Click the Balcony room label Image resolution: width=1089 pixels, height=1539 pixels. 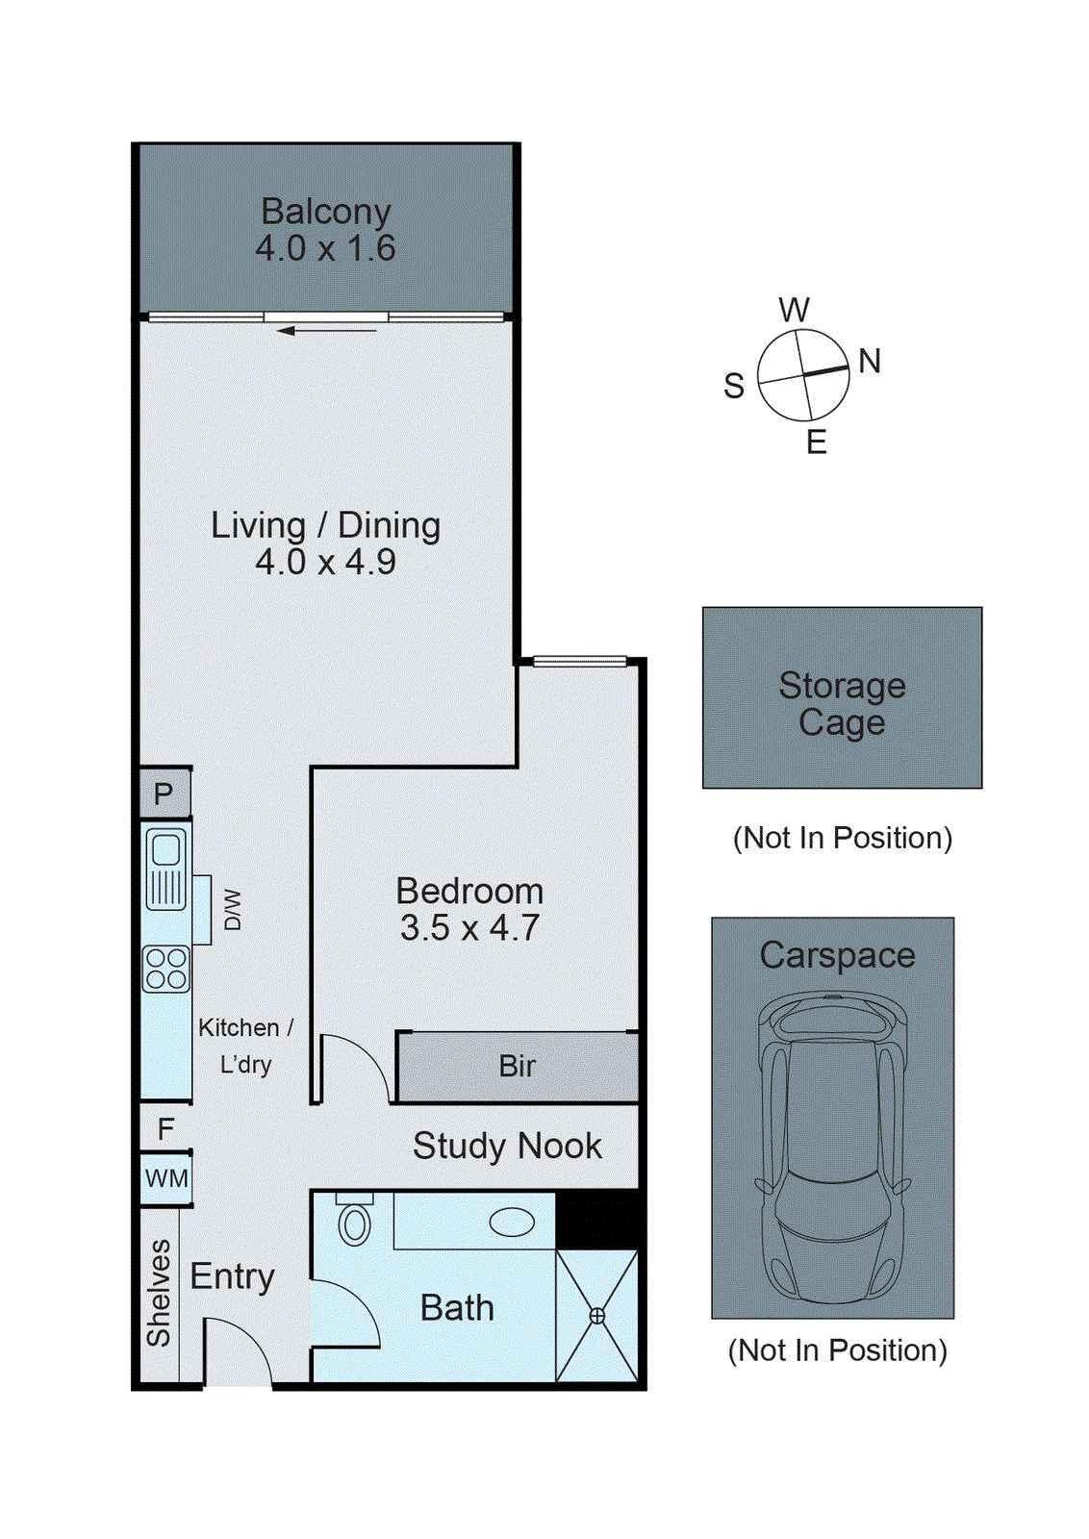click(x=326, y=212)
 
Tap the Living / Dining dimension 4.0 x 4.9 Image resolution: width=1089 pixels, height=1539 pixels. click(x=326, y=562)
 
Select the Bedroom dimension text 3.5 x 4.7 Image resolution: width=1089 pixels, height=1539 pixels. click(x=470, y=927)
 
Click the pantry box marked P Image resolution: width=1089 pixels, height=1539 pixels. click(x=165, y=794)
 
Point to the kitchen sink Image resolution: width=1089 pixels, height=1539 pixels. click(x=165, y=870)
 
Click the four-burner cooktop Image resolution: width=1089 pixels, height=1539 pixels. click(x=165, y=969)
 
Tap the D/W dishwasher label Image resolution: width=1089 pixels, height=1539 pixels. click(x=233, y=910)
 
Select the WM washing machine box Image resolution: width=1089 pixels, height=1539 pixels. click(x=165, y=1179)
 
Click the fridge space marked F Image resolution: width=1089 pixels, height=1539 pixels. click(x=165, y=1129)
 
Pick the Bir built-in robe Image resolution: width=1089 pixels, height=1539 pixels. click(x=518, y=1067)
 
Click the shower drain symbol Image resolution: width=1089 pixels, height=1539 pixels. click(x=597, y=1316)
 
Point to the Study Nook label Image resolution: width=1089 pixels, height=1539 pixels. click(x=507, y=1146)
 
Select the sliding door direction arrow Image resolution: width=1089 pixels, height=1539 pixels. click(x=326, y=331)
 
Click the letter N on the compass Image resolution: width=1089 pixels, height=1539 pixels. click(x=870, y=361)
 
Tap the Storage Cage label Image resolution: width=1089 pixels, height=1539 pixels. click(x=843, y=704)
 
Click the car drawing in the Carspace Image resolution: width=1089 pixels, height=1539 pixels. click(x=833, y=1148)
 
